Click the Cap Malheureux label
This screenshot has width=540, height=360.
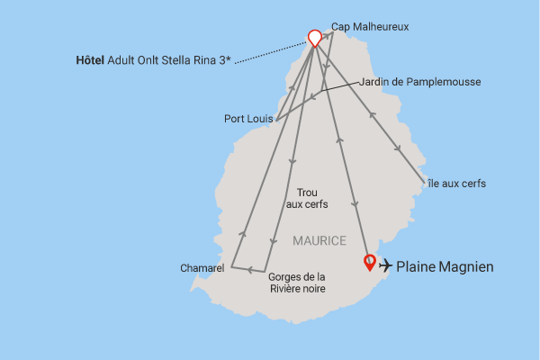coord(370,27)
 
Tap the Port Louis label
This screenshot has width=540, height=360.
coord(248,118)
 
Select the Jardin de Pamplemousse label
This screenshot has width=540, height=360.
coord(419,82)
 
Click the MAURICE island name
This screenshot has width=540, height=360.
coord(319,241)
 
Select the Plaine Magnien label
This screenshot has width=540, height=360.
coord(445,266)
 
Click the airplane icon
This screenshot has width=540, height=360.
coord(386,265)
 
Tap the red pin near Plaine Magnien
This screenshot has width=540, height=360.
coord(369,263)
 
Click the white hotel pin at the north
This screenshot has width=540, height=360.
coord(314,38)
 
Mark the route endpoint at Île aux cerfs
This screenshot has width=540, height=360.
coord(424,184)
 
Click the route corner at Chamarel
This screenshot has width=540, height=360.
coord(231,266)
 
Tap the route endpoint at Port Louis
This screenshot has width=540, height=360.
coord(275,119)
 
